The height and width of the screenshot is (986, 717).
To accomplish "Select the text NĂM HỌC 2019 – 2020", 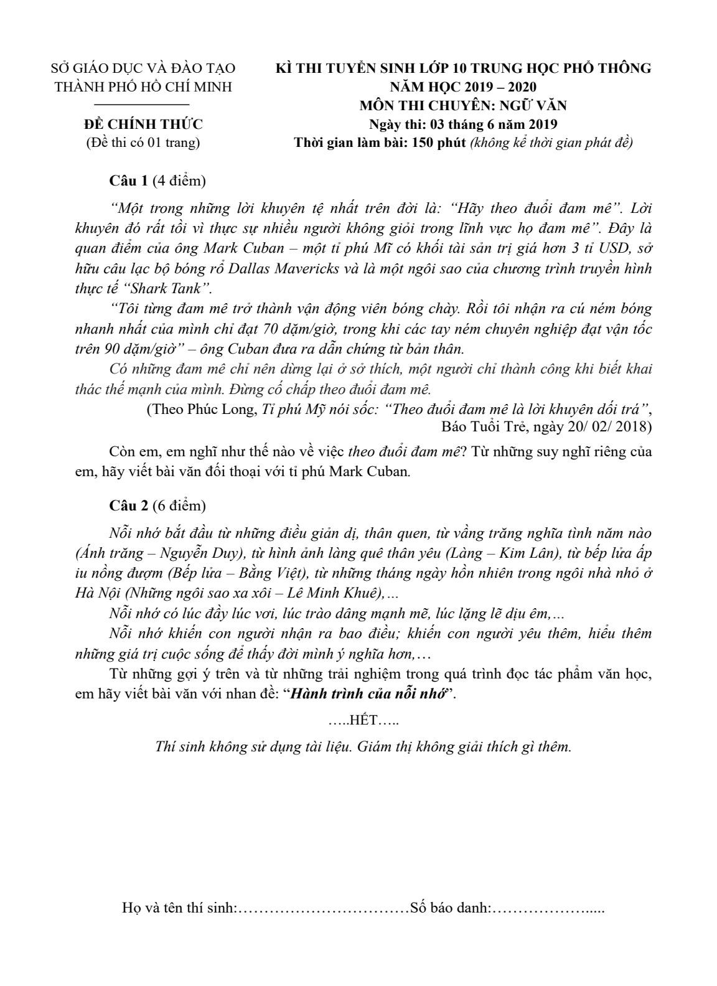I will [463, 87].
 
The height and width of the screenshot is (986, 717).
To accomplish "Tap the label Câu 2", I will [129, 505].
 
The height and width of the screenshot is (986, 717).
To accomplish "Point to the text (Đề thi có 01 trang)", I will [143, 143].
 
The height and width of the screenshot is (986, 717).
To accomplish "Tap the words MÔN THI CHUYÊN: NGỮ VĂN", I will [463, 105].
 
